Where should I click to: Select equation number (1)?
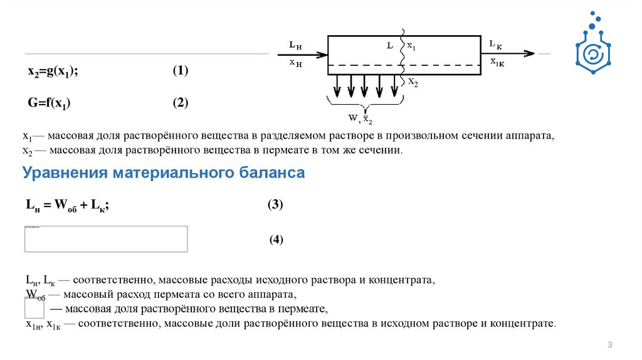tap(181, 71)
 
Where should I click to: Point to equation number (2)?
tap(181, 102)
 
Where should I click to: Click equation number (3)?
tap(275, 204)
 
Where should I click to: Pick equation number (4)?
tap(277, 239)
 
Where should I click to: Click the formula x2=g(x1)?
tap(52, 71)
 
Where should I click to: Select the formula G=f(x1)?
tap(48, 103)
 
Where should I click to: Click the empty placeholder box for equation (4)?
tap(106, 238)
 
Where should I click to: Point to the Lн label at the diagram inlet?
tap(295, 45)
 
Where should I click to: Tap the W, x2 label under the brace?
tap(360, 119)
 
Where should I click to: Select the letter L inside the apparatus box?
tap(390, 46)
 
